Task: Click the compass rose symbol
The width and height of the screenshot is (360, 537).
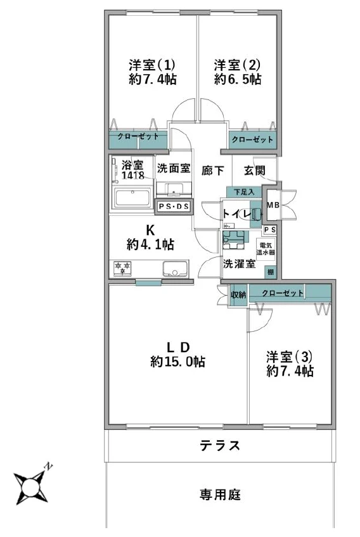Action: tap(30, 486)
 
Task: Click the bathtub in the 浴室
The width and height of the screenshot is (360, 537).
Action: tap(132, 197)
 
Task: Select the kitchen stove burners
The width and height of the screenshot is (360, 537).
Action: tap(122, 268)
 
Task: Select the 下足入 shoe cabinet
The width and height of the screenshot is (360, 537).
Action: tap(243, 191)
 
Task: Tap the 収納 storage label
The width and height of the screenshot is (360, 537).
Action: tap(238, 294)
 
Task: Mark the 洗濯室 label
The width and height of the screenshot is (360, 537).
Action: tap(239, 264)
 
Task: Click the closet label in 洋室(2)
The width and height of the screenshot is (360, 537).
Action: tap(252, 139)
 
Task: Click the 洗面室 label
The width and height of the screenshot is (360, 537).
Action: tap(173, 169)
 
